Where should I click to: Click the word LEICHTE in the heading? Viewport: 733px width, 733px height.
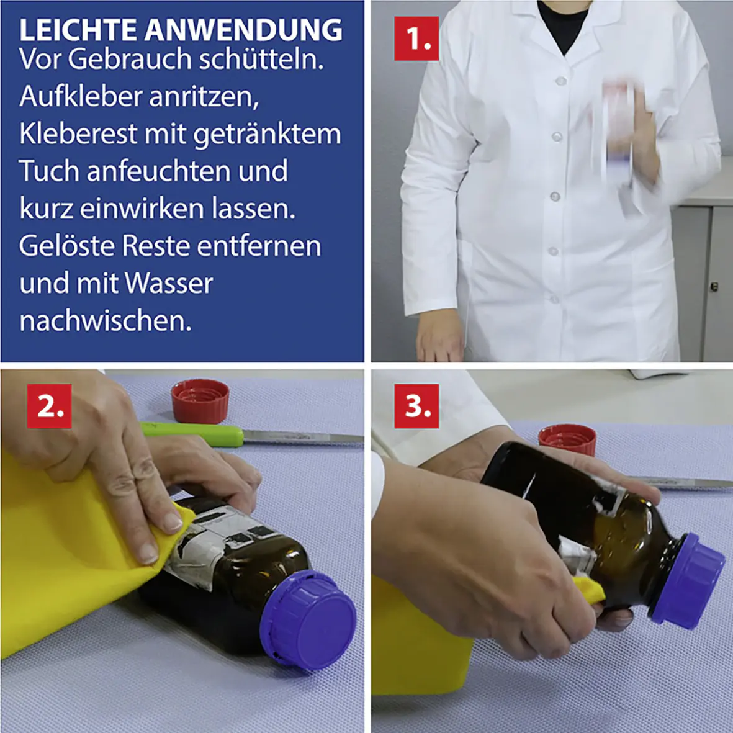point(77,30)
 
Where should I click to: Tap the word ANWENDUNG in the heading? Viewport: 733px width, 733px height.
point(244,30)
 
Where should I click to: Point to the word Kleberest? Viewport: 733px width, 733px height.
point(78,134)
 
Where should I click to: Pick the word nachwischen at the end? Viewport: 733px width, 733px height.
point(105,321)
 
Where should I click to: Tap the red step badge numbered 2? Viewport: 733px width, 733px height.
point(49,406)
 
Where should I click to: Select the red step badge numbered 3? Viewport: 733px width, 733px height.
point(416,406)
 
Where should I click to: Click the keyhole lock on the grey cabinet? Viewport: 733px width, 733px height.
point(714,286)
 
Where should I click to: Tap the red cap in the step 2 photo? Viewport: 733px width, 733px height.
point(200,400)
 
